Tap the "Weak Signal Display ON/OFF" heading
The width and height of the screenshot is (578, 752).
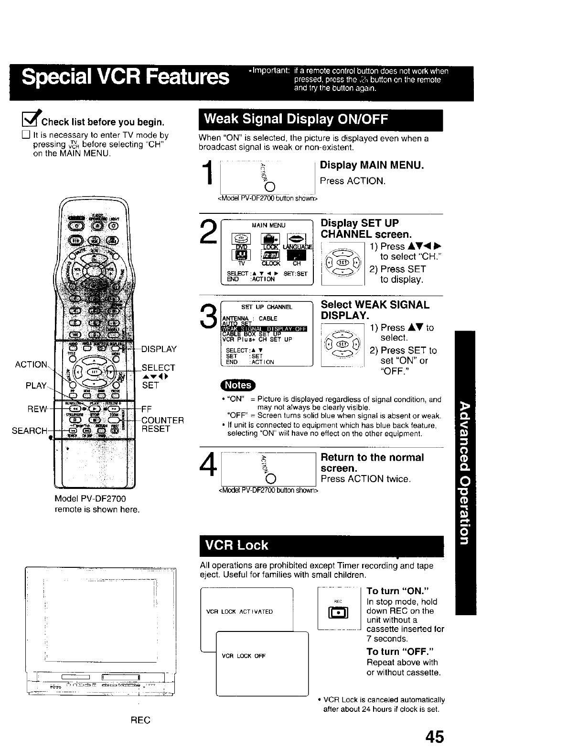(296, 119)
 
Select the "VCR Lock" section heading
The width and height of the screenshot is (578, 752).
(236, 545)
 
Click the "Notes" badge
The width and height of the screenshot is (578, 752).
(238, 385)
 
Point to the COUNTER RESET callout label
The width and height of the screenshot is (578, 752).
(162, 425)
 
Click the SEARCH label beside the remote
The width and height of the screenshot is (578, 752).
(30, 431)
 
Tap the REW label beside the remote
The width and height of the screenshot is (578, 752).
(37, 409)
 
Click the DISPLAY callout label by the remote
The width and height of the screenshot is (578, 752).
(159, 349)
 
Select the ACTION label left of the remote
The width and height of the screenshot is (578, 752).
(31, 365)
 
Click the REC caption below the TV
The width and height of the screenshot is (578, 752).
(140, 720)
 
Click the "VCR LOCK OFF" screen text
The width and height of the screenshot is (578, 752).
(244, 656)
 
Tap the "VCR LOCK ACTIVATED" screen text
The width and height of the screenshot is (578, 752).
(239, 611)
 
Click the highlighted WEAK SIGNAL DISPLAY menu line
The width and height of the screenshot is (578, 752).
(265, 328)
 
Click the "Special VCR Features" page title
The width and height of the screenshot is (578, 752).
(126, 77)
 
